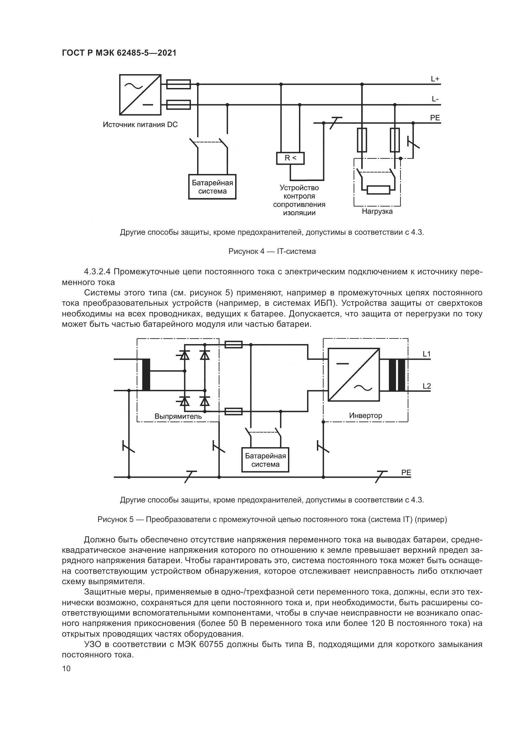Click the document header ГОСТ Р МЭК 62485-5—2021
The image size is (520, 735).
point(119,53)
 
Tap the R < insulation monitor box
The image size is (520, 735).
point(290,158)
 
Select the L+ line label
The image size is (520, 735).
point(435,79)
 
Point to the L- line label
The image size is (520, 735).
point(435,99)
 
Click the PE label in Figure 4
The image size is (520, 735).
point(435,118)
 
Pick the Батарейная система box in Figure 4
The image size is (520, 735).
point(212,187)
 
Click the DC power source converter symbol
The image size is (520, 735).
point(140,95)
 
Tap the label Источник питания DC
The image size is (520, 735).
point(140,124)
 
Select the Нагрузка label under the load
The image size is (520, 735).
point(377,211)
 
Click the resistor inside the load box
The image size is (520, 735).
point(379,190)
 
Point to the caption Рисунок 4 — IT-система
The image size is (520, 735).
point(272,251)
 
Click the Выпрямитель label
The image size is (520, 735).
point(178,416)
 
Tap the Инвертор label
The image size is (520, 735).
point(365,415)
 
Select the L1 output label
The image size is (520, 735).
point(427,354)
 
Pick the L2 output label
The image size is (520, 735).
point(427,386)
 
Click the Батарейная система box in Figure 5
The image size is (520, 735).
point(265,460)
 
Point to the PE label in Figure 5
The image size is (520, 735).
point(406,473)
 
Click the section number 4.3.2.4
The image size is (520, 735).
point(97,272)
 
